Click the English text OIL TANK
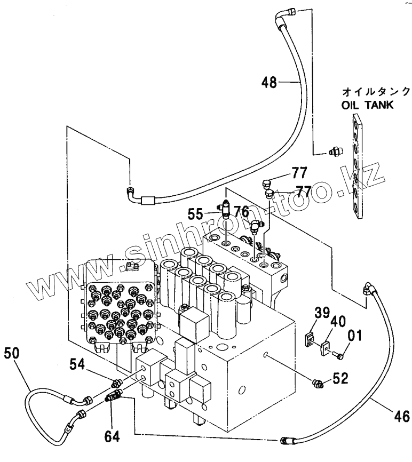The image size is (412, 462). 368,105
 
